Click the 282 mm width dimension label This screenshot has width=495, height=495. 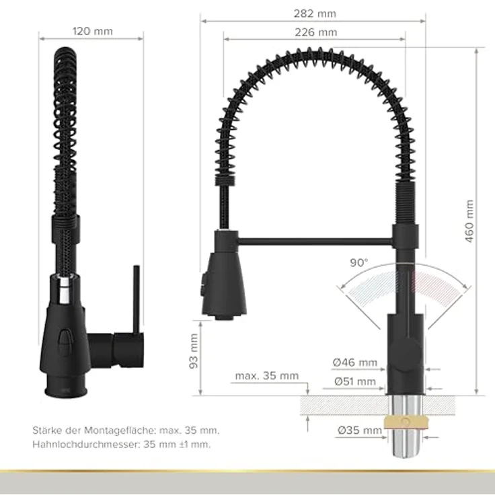point(315,13)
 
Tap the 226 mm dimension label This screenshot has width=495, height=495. point(315,32)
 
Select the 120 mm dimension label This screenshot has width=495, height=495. point(92,31)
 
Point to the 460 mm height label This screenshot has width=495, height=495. point(469,221)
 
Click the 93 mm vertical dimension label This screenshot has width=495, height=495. point(194,351)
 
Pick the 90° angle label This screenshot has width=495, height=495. point(359,263)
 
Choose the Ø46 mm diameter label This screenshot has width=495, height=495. point(355,363)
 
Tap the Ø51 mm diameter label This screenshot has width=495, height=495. point(355,381)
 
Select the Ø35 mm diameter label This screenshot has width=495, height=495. point(360,430)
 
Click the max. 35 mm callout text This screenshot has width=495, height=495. point(267,376)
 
